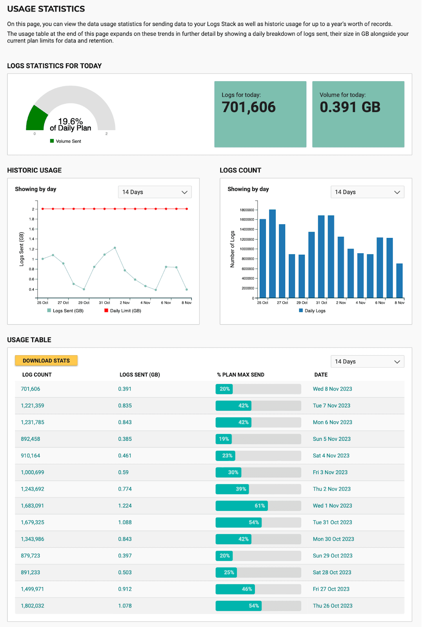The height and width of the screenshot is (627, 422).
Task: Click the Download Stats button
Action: click(46, 361)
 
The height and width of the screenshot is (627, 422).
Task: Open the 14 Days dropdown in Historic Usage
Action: click(155, 192)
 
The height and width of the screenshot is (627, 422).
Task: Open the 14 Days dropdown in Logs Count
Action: click(367, 192)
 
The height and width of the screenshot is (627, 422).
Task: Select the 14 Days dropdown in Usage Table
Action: click(367, 361)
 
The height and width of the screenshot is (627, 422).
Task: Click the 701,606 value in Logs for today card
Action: click(249, 107)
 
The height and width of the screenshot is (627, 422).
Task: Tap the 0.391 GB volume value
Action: click(350, 107)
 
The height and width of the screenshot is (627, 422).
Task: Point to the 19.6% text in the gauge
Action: click(71, 121)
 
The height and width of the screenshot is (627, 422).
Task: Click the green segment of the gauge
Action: click(36, 119)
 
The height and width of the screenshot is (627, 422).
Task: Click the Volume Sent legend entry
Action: click(66, 141)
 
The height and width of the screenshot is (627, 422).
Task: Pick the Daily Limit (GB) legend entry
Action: click(123, 311)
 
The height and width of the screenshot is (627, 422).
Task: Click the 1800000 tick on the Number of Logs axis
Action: click(247, 210)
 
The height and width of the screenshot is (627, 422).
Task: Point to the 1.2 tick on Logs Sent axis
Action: click(31, 249)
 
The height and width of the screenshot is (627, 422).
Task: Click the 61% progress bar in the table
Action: click(242, 506)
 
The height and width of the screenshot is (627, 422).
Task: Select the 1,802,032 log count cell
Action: click(33, 606)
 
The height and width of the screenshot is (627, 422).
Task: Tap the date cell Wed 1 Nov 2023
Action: click(332, 506)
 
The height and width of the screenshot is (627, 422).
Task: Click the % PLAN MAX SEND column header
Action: click(240, 375)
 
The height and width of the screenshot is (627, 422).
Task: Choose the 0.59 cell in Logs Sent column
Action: click(123, 472)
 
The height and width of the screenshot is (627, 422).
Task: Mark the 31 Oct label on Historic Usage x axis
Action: click(104, 303)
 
